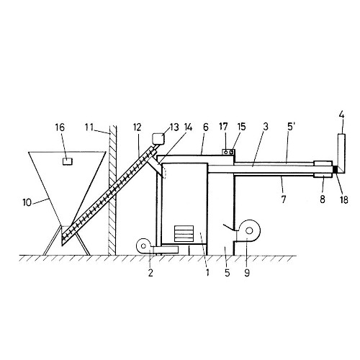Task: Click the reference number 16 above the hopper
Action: click(60, 127)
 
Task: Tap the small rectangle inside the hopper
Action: click(68, 161)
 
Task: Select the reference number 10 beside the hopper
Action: click(27, 203)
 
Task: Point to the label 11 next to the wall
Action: click(89, 127)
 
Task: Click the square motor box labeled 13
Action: click(158, 139)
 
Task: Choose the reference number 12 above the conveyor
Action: click(137, 127)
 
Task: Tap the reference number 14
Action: click(188, 127)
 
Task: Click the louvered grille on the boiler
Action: click(184, 233)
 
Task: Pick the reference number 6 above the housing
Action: click(206, 127)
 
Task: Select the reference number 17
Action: click(223, 127)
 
